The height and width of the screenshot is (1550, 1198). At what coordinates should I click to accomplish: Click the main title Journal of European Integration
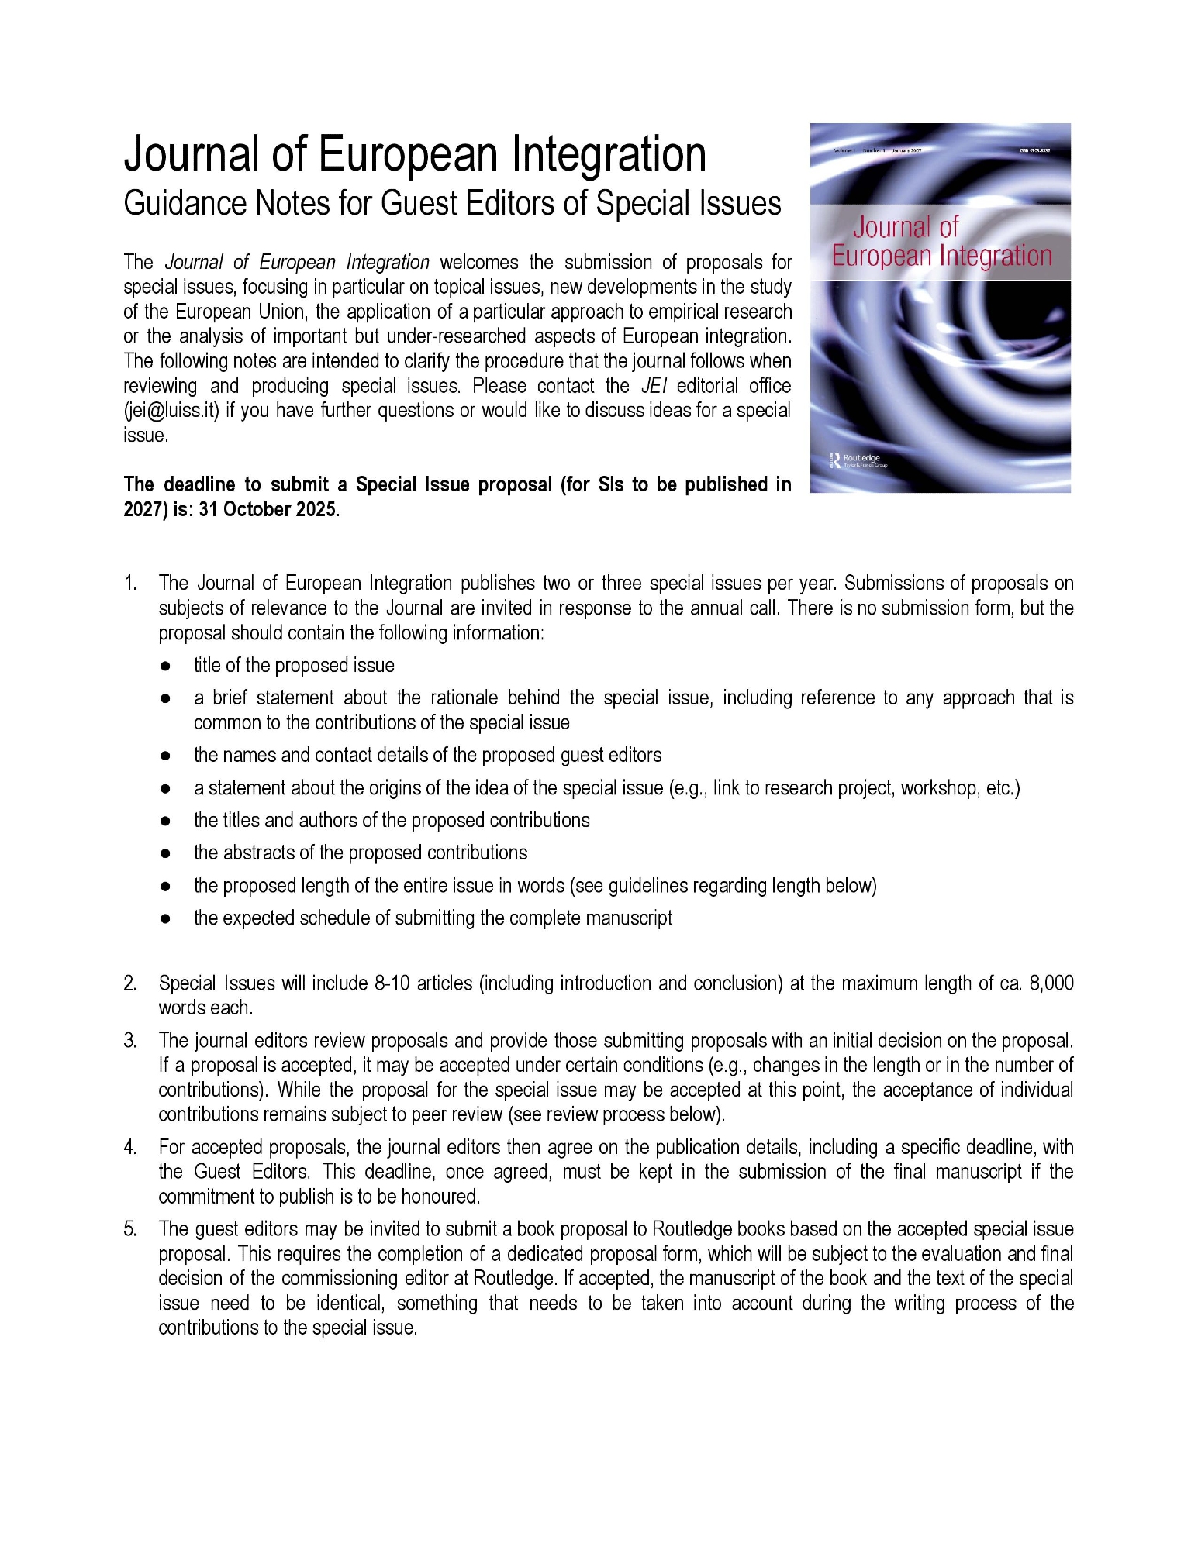pos(415,154)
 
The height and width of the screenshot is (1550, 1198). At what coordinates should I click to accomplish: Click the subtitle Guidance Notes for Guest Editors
pos(452,204)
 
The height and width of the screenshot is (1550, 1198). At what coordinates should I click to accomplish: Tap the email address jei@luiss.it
pos(171,410)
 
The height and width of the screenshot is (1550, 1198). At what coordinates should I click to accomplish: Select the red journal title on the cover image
pos(941,241)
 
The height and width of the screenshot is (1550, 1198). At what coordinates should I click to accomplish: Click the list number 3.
pos(129,1040)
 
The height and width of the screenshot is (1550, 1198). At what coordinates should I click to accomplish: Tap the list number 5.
pos(129,1228)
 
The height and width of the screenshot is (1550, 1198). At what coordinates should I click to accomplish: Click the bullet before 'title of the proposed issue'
pos(165,666)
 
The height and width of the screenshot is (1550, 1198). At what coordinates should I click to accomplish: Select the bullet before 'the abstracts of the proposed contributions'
pos(165,853)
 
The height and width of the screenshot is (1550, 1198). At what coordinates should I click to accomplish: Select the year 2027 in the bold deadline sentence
pos(141,509)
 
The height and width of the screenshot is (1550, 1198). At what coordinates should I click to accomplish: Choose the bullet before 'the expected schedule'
pos(165,918)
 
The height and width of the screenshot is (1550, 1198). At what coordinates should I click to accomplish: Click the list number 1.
pos(129,583)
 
